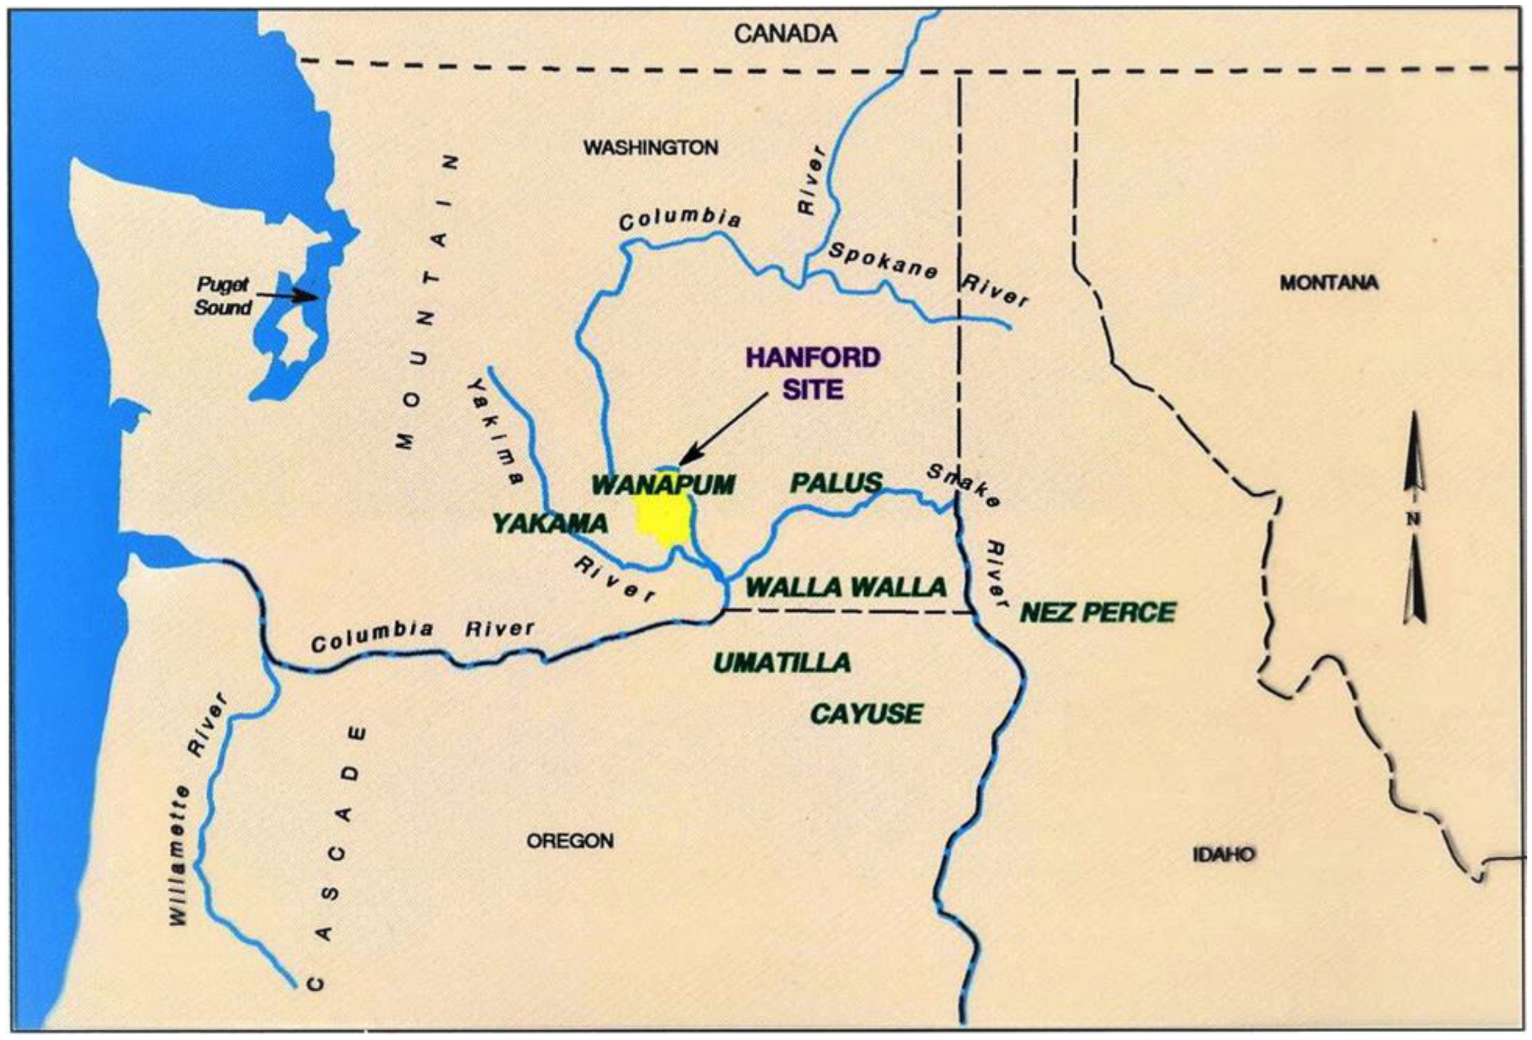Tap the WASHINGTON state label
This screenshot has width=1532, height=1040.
click(x=651, y=148)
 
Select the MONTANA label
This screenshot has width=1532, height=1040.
click(x=1329, y=283)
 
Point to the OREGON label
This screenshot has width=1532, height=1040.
click(x=570, y=841)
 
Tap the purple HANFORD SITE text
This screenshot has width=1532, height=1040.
click(x=813, y=373)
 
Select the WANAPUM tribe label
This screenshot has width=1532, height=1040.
click(x=663, y=485)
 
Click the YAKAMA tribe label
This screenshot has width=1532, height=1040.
click(x=550, y=524)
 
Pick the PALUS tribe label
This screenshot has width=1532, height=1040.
click(x=836, y=484)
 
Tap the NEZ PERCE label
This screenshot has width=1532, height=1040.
click(x=1098, y=613)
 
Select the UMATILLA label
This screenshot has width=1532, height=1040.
click(x=782, y=663)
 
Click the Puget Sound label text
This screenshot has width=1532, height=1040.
click(x=223, y=296)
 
